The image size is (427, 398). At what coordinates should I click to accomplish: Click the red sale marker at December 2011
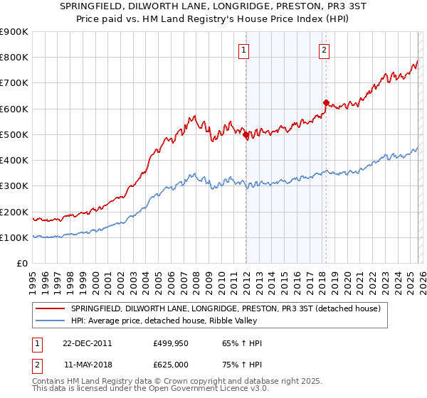[246, 134]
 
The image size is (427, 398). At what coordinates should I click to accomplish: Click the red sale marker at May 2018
[326, 102]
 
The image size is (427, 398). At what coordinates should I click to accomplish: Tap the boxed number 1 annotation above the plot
[244, 50]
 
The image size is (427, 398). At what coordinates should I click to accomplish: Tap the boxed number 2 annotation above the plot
[324, 50]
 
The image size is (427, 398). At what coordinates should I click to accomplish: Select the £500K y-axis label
[14, 135]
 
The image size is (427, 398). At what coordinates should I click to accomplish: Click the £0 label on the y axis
[22, 264]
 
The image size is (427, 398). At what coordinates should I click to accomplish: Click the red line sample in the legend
[50, 308]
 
